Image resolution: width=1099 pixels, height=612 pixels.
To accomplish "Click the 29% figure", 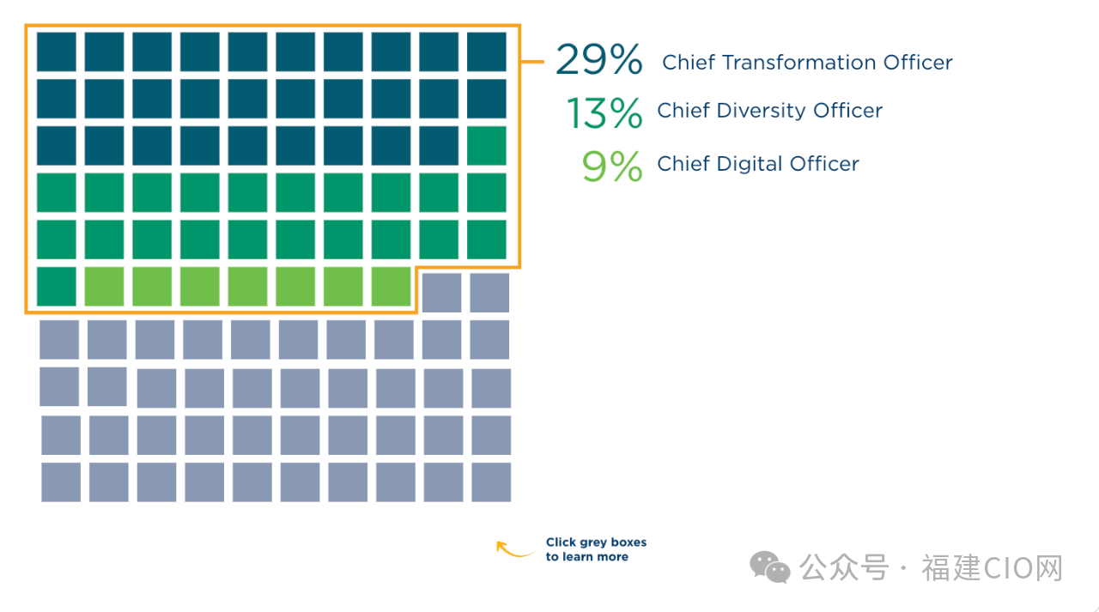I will point(598,61).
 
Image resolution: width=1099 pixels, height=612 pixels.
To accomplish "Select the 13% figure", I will point(604,113).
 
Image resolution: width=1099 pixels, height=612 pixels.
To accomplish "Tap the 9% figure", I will point(612,167).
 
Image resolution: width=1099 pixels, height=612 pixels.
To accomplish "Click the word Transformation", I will point(807,63).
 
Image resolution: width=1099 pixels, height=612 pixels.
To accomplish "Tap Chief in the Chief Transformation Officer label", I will point(689,63).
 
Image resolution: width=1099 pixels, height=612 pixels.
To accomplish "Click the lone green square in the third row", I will point(487,146).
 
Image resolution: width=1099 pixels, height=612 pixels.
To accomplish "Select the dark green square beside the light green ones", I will point(57,287).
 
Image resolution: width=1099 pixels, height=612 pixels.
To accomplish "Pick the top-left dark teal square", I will point(57,52).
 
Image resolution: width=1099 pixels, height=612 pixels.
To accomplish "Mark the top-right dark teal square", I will point(487,52).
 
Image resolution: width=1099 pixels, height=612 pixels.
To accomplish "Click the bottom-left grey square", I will point(61,482).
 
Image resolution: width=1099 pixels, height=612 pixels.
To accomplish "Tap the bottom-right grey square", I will point(491,482).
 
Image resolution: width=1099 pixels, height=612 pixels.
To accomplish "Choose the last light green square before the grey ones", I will point(392,287).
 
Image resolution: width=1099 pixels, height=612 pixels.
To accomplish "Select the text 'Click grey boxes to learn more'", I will point(596,549).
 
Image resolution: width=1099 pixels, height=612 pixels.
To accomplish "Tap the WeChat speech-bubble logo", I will point(770,567).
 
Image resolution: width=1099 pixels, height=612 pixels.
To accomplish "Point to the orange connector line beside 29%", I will point(533,62).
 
